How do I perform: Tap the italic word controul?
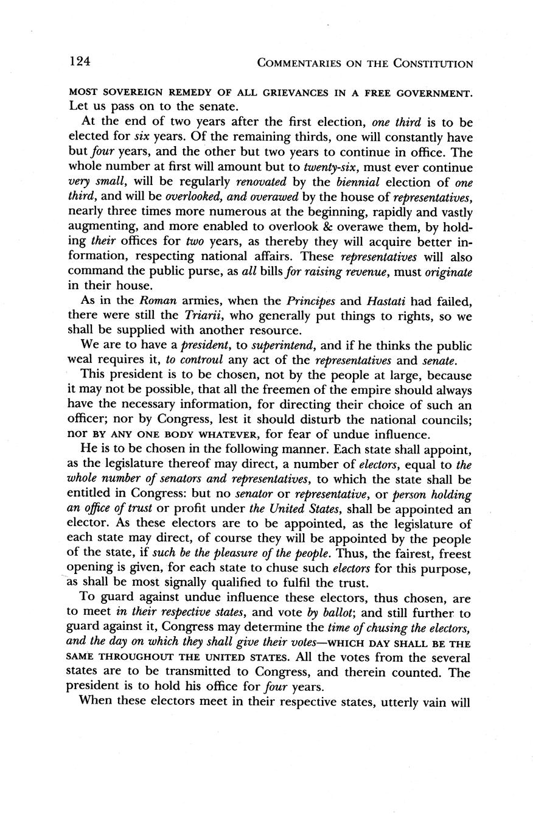[195, 360]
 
